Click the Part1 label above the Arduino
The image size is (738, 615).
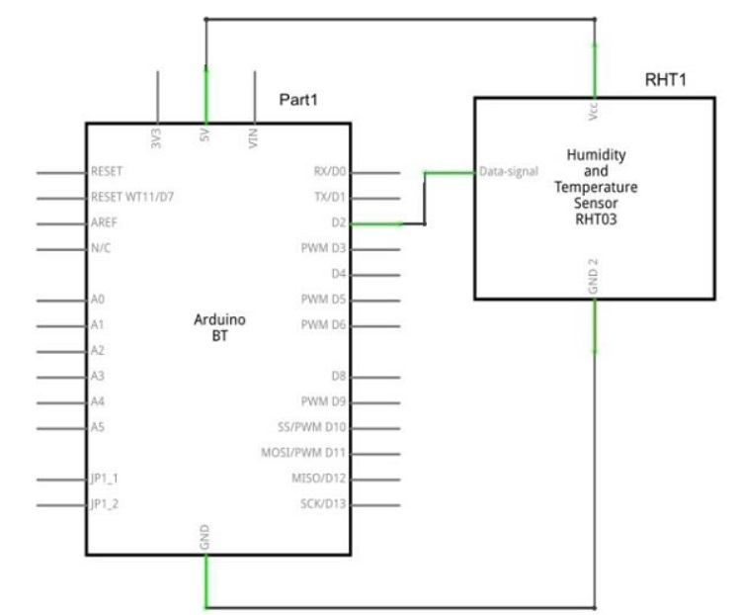[x=298, y=99]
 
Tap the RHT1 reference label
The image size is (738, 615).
[x=666, y=79]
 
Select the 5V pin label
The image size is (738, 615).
[x=205, y=135]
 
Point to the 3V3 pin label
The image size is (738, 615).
[x=156, y=138]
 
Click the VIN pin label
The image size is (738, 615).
[x=253, y=138]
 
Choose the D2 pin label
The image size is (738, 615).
[x=339, y=222]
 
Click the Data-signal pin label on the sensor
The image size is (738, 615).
[x=509, y=171]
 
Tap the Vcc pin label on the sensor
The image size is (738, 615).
[x=593, y=111]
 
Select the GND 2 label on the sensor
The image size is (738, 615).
[x=593, y=277]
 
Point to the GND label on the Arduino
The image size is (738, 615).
[x=205, y=537]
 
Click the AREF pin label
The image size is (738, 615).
[x=104, y=222]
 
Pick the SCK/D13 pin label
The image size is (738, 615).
[x=323, y=504]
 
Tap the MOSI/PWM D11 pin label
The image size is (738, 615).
[x=303, y=453]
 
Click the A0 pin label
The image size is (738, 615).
[x=98, y=299]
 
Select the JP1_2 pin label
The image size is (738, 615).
[x=105, y=504]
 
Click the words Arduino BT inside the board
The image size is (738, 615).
[x=219, y=327]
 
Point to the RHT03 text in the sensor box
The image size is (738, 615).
[x=596, y=220]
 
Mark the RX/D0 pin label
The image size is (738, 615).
[x=330, y=171]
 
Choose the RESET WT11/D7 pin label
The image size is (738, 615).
[x=132, y=197]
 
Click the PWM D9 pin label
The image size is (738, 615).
[x=323, y=401]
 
